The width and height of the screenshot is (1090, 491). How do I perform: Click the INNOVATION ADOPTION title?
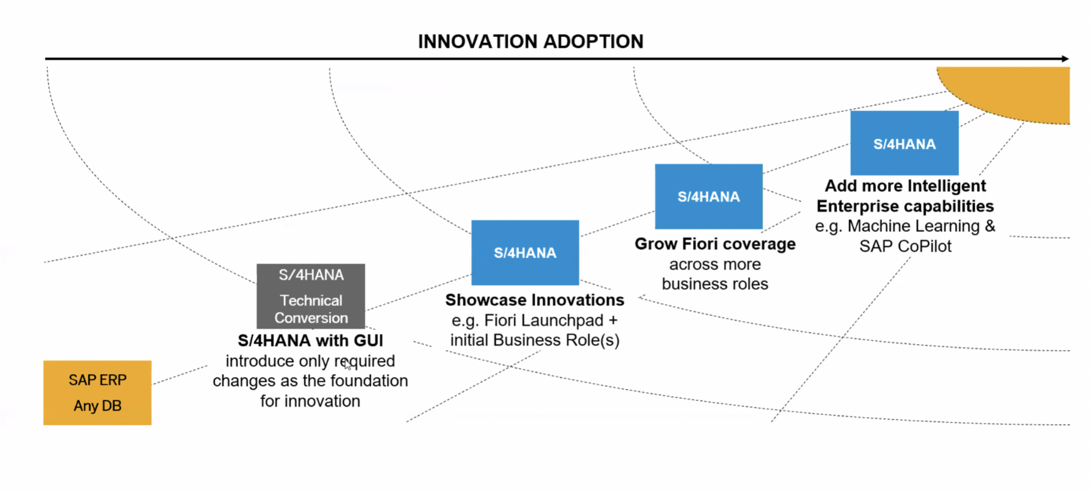[x=530, y=42]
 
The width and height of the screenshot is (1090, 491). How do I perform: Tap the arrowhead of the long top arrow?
[x=1065, y=59]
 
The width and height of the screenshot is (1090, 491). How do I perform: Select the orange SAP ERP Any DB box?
[x=97, y=392]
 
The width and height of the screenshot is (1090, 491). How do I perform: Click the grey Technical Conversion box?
[x=311, y=296]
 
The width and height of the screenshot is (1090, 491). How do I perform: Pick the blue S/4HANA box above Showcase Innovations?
[x=525, y=253]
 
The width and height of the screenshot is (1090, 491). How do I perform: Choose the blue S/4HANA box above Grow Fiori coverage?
[x=708, y=196]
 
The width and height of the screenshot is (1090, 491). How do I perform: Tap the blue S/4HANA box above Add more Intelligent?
[x=904, y=143]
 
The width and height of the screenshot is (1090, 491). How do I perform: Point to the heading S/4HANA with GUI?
[x=310, y=341]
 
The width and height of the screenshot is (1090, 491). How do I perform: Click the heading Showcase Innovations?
[x=535, y=300]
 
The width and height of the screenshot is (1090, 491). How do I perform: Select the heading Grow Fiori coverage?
[x=715, y=244]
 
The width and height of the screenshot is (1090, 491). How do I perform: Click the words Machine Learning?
[x=913, y=226]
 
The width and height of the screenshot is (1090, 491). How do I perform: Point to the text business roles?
[x=715, y=284]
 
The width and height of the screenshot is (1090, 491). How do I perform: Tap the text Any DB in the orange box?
[x=97, y=406]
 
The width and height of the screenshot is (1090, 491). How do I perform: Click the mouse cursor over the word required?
[x=347, y=364]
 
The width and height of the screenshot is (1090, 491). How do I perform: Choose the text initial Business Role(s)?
[x=535, y=340]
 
